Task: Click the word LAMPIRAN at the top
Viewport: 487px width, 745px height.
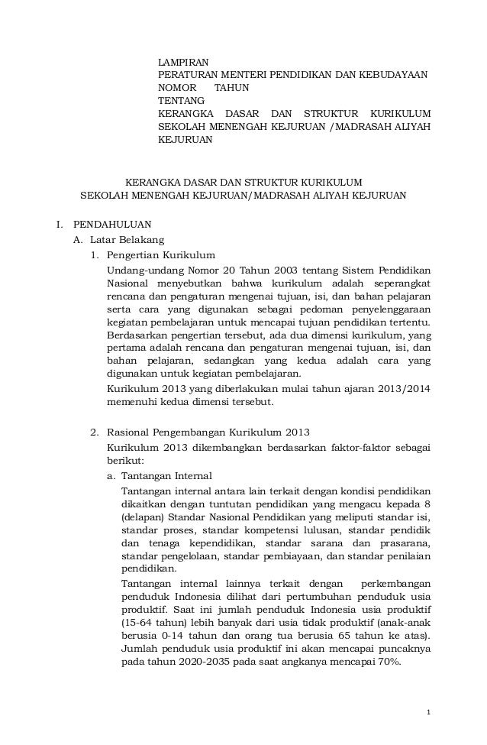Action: [x=182, y=61]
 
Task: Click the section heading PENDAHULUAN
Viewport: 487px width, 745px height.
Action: [x=112, y=225]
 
